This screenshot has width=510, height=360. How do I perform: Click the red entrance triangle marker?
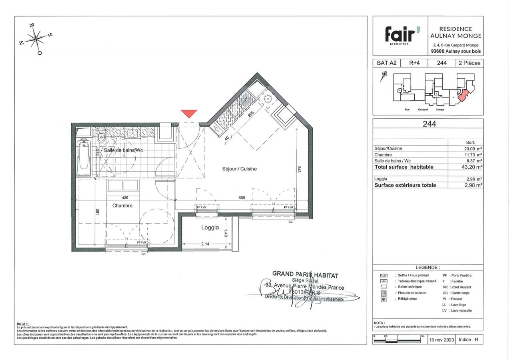coord(189,113)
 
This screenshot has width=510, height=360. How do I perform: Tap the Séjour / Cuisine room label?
coord(239,169)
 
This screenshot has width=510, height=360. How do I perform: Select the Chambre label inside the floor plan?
coord(122,206)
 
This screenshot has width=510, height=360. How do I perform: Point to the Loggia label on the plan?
coord(210,228)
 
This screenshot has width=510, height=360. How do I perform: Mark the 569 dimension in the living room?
coord(241,198)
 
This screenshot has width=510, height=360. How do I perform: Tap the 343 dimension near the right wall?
coord(299,169)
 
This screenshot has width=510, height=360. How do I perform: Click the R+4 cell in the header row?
coord(414,63)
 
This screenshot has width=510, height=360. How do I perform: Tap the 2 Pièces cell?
coord(470,63)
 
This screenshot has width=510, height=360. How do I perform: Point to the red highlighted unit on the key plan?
coord(464,96)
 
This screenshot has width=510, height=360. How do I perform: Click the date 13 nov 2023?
coord(442,340)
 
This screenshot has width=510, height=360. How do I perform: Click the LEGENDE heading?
coord(428,267)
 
